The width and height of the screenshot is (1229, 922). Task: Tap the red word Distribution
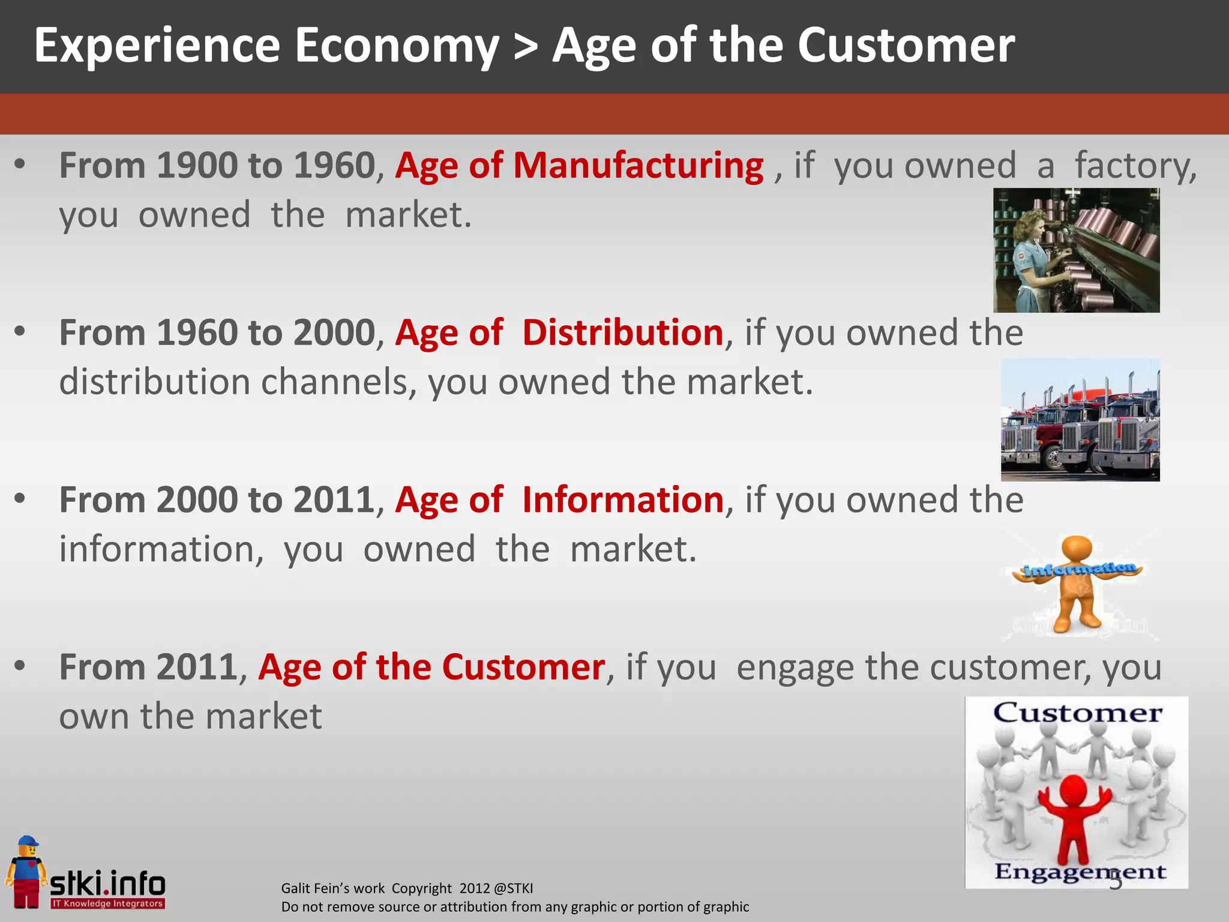click(622, 333)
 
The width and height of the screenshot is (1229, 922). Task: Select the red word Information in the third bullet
click(623, 499)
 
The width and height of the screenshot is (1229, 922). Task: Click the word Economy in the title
click(397, 46)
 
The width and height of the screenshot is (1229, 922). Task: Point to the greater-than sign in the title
click(526, 47)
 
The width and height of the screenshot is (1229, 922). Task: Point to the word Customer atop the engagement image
click(1077, 713)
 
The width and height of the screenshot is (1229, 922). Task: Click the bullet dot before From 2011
click(20, 666)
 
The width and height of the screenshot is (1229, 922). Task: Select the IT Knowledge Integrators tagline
click(107, 903)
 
